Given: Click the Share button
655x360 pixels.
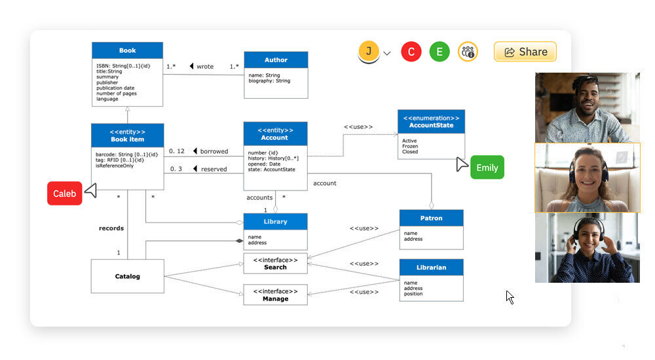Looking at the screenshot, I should (525, 52).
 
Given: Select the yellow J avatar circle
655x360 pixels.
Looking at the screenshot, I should (369, 51).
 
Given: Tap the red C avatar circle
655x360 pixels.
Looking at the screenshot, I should (411, 52).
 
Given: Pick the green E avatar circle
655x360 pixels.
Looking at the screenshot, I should (440, 52).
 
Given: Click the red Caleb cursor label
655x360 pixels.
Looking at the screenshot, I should (65, 193).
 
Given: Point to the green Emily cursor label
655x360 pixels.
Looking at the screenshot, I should (487, 168).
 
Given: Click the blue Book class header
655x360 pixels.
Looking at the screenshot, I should (127, 50).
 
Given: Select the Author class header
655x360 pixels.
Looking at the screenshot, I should (276, 60).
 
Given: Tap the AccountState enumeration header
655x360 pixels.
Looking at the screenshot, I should (431, 121).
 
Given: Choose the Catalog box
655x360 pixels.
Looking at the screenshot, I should (127, 276).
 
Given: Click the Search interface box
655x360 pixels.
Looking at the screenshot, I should (275, 264).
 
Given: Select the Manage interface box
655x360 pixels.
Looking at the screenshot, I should (275, 295).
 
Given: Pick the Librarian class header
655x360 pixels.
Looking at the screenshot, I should (431, 267).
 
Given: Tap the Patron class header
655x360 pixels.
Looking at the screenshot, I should (431, 218).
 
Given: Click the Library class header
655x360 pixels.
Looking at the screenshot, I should (275, 222).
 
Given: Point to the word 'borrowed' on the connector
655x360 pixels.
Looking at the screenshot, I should (214, 151).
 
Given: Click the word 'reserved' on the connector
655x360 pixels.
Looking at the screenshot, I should (214, 169).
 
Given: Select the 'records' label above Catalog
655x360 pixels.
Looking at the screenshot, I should (111, 228).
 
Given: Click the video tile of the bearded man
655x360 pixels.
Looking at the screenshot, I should (587, 107).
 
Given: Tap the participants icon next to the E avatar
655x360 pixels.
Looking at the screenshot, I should (468, 52).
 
